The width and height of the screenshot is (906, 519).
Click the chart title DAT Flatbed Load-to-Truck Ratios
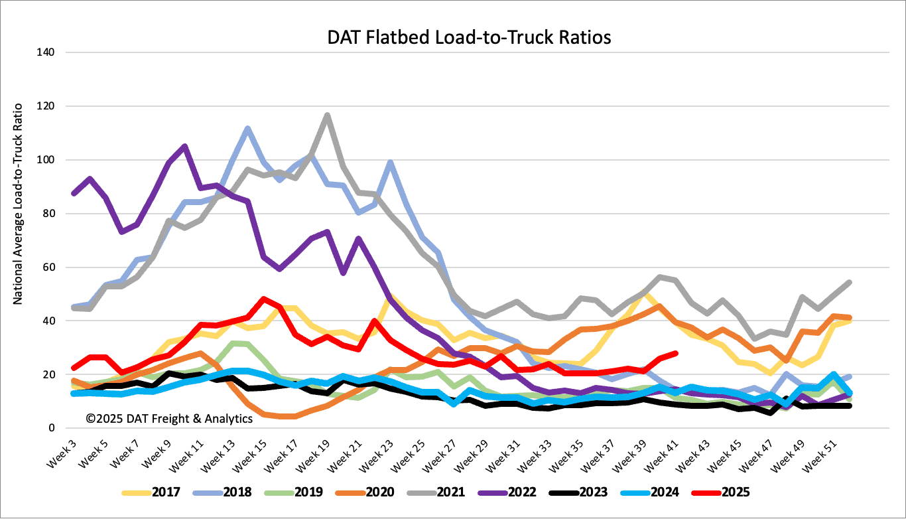(469, 37)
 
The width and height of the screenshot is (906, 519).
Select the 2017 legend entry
(155, 493)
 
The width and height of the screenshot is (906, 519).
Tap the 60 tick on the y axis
(48, 267)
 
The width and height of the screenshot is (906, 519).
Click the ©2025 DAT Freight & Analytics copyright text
(169, 418)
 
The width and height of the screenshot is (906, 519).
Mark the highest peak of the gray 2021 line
(327, 115)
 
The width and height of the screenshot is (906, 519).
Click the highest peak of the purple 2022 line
(184, 146)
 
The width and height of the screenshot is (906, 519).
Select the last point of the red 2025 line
(675, 353)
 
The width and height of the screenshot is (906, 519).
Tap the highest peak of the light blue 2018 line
(247, 128)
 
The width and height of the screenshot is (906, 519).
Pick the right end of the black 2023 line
(850, 406)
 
